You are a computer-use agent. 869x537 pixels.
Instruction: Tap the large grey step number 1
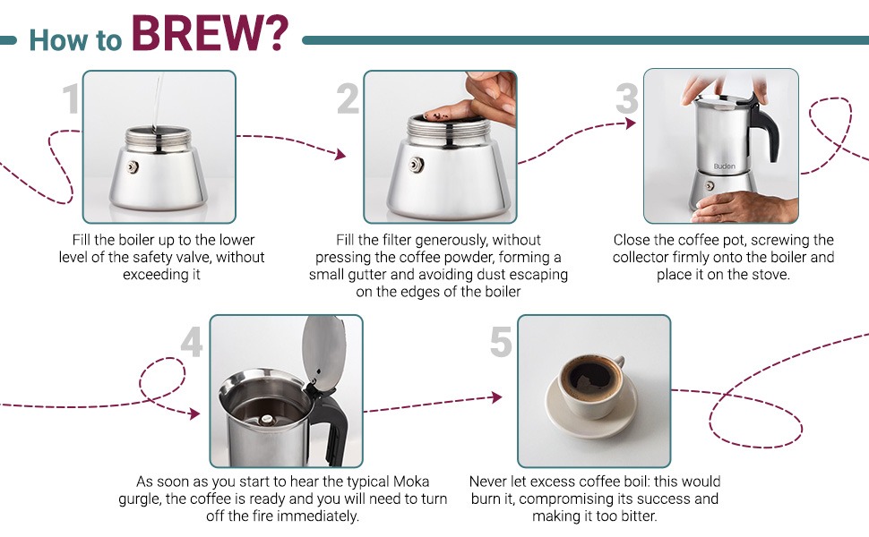(x=71, y=100)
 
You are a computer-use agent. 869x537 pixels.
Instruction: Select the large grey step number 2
(x=348, y=100)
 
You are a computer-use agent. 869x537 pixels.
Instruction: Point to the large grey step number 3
(x=627, y=100)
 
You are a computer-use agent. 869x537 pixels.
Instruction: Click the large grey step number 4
(x=192, y=344)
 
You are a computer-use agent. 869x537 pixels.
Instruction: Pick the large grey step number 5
(x=501, y=344)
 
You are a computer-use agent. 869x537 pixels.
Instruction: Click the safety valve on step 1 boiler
(x=132, y=167)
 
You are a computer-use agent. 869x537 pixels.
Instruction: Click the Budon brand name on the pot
(x=723, y=166)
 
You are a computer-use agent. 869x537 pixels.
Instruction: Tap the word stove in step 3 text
(x=770, y=275)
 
